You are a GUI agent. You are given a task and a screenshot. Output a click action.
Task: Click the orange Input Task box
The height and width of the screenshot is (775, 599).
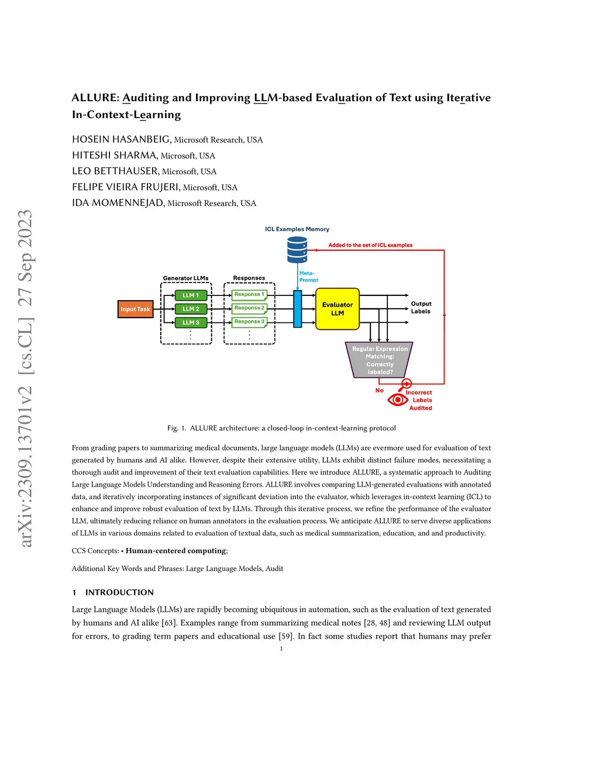click(x=135, y=309)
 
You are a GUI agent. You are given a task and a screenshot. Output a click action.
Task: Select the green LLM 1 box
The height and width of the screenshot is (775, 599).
click(x=191, y=295)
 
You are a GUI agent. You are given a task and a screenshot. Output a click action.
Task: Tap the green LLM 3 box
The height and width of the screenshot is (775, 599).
click(x=191, y=322)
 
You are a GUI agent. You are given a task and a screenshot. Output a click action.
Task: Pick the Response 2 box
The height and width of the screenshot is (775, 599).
click(x=249, y=308)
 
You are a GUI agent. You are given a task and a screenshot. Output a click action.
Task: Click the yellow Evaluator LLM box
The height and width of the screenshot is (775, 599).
click(x=338, y=309)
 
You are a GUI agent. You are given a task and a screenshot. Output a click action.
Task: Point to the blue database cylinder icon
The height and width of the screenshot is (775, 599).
click(x=297, y=250)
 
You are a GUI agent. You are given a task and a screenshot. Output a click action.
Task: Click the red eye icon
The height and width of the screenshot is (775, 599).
click(x=398, y=399)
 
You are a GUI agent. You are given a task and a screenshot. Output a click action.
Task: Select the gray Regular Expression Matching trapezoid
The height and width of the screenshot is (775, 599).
click(x=380, y=360)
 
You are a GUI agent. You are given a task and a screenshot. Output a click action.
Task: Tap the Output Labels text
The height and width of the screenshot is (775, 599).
click(x=421, y=308)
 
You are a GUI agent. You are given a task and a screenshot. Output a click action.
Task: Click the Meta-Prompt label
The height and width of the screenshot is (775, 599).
click(x=308, y=277)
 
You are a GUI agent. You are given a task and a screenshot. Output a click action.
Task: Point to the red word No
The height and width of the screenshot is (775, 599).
click(x=380, y=390)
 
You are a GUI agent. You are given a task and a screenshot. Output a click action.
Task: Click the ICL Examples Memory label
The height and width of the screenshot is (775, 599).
click(x=297, y=229)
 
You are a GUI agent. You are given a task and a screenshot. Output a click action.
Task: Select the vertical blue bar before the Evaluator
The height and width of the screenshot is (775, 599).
click(x=297, y=309)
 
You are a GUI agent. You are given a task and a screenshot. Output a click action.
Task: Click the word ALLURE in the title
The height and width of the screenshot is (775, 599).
click(x=95, y=98)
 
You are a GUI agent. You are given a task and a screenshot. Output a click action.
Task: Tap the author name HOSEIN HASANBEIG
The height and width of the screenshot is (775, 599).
click(x=121, y=139)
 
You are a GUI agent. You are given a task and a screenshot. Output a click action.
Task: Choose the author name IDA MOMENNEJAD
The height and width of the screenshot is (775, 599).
click(x=118, y=203)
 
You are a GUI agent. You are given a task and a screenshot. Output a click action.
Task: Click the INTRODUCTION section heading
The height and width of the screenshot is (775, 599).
click(x=119, y=593)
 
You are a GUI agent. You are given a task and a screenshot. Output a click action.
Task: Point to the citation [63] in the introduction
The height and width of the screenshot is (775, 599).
click(x=170, y=623)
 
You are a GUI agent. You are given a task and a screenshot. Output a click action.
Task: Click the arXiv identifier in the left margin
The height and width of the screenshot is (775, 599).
click(x=25, y=379)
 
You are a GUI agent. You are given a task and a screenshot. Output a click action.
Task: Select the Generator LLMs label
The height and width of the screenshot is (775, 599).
click(x=185, y=278)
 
